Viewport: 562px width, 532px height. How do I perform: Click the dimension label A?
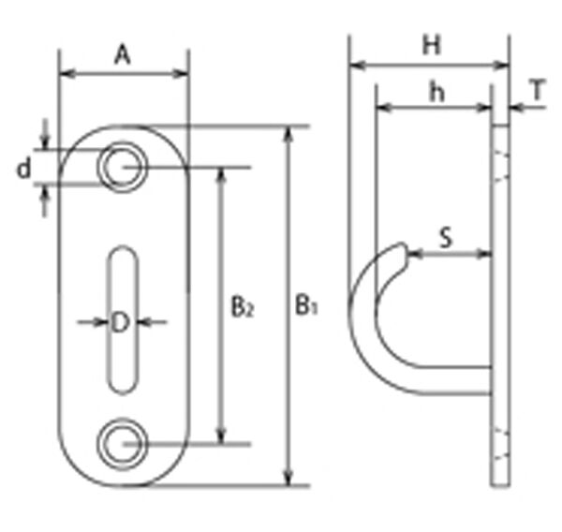tap(123, 55)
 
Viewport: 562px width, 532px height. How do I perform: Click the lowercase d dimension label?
tap(24, 169)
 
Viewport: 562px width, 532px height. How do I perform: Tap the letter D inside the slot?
tap(120, 322)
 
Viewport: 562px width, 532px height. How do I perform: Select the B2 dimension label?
tap(243, 307)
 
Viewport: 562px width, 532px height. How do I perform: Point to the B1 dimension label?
tap(306, 305)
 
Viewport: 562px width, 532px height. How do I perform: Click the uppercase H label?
tap(431, 45)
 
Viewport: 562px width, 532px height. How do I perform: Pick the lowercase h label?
tap(436, 93)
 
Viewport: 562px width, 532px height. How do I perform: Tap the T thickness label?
tap(538, 90)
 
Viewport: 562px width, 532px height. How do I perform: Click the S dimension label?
tap(446, 237)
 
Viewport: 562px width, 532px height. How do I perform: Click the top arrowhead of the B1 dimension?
tap(288, 134)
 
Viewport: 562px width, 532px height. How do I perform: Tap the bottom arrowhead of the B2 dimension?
tap(222, 436)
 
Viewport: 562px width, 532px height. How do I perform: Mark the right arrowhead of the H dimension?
tap(501, 66)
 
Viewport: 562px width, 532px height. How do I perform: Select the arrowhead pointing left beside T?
tap(517, 107)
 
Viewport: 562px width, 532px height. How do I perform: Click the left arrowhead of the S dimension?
tap(416, 254)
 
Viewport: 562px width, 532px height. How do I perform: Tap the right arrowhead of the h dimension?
tap(483, 107)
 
